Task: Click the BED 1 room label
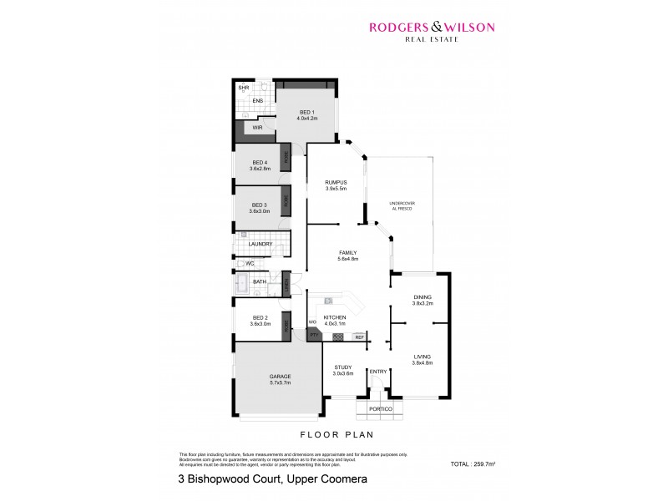(x=306, y=112)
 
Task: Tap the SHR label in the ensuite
(x=244, y=87)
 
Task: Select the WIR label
(x=258, y=128)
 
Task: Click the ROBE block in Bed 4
(x=286, y=156)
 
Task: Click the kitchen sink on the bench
(x=330, y=300)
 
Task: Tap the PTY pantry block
(x=315, y=335)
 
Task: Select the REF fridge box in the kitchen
(x=359, y=337)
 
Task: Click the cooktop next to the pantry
(x=337, y=337)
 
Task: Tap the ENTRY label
(x=377, y=372)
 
